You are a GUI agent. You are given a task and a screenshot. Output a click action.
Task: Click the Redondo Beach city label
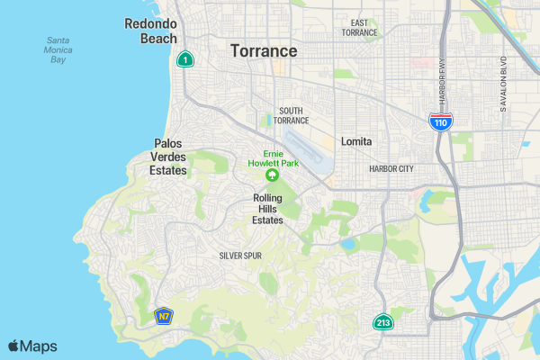[151, 31]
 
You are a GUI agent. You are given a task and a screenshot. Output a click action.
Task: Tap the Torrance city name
[264, 50]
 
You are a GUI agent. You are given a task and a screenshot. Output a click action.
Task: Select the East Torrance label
[359, 27]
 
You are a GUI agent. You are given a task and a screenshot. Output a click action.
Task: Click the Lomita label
[356, 141]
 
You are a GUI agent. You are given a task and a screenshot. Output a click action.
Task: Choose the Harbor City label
[391, 168]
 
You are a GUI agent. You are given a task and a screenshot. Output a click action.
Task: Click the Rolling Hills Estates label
[268, 209]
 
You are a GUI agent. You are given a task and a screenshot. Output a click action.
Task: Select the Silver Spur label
[240, 256]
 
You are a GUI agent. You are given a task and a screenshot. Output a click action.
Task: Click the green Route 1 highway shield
[184, 59]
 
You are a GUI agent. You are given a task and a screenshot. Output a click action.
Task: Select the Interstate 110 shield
[440, 122]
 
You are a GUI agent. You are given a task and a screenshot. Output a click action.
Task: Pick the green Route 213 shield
[383, 322]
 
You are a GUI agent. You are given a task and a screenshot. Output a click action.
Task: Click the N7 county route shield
[163, 317]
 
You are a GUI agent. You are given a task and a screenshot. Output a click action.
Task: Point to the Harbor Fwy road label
[443, 82]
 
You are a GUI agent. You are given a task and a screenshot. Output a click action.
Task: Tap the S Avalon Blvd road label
[504, 86]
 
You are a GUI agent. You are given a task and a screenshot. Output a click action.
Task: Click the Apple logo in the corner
[13, 346]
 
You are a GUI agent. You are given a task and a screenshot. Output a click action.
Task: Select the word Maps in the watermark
[39, 346]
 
